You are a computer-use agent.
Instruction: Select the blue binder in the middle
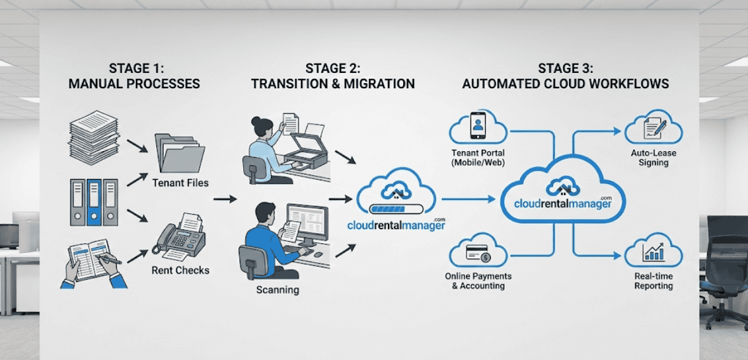[x=94, y=202]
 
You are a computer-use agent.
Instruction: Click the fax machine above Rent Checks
[x=180, y=237]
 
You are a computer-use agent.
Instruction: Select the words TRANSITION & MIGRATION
[x=333, y=84]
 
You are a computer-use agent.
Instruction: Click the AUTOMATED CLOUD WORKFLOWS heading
[x=565, y=84]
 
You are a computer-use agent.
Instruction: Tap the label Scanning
[x=277, y=290]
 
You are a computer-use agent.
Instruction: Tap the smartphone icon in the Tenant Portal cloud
[x=478, y=126]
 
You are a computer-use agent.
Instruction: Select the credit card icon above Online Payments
[x=478, y=255]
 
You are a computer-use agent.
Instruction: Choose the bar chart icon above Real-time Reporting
[x=653, y=251]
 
